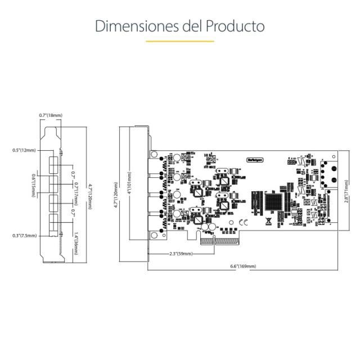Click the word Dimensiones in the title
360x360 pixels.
point(130,26)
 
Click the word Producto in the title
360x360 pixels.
point(235,26)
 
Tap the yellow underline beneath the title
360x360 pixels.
point(180,41)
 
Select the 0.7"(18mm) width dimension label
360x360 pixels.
point(51,115)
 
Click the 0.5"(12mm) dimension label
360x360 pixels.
point(24,150)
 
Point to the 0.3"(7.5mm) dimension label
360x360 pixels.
point(24,236)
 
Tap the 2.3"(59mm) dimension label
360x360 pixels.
point(181,254)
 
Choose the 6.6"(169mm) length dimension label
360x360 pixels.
point(243,266)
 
